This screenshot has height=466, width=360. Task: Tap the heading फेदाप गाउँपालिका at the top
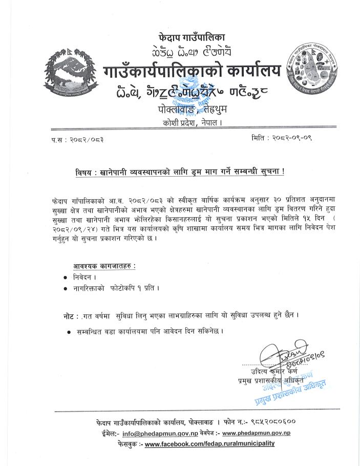[192, 37]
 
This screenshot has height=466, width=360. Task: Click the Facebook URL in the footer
[209, 443]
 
